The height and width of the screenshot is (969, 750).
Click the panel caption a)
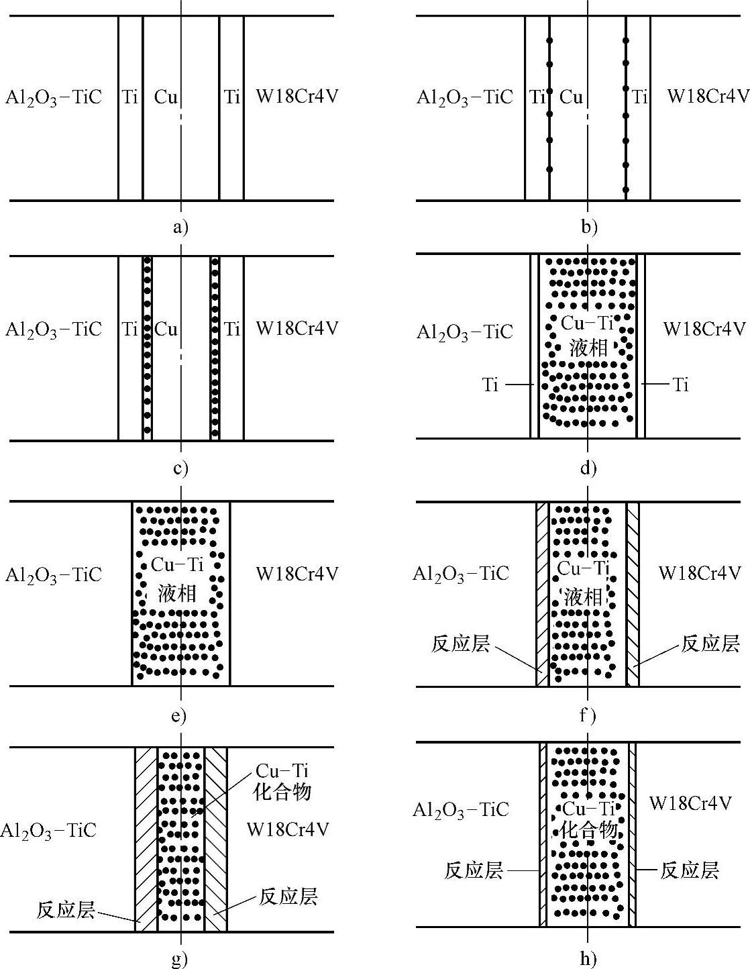pyautogui.click(x=180, y=227)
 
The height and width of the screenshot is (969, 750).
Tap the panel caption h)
pyautogui.click(x=588, y=960)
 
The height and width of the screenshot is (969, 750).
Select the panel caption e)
pyautogui.click(x=178, y=716)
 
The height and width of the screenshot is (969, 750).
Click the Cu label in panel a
pyautogui.click(x=166, y=97)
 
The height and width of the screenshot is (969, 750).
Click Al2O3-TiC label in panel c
pyautogui.click(x=54, y=329)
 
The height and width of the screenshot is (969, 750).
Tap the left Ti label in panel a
pyautogui.click(x=130, y=97)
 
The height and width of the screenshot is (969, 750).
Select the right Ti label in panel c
pyautogui.click(x=231, y=329)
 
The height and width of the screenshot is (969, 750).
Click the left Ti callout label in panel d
pyautogui.click(x=490, y=385)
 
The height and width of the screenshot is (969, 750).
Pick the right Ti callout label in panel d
pyautogui.click(x=680, y=385)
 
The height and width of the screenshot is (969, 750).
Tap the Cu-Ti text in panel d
pyautogui.click(x=587, y=323)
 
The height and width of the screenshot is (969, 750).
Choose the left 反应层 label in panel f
pyautogui.click(x=460, y=644)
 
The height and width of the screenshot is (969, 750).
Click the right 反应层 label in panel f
pyautogui.click(x=710, y=644)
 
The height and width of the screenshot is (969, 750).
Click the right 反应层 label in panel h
pyautogui.click(x=689, y=870)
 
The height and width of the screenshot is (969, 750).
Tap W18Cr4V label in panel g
pyautogui.click(x=288, y=829)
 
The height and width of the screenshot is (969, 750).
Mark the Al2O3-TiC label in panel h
pyautogui.click(x=461, y=809)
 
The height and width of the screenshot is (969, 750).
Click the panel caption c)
pyautogui.click(x=180, y=468)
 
